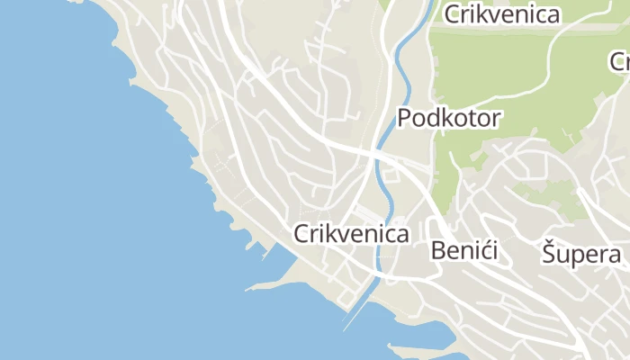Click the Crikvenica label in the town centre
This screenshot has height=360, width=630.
click(x=351, y=234)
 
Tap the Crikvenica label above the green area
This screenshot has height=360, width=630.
click(x=501, y=14)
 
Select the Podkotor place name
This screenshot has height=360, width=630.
click(x=449, y=118)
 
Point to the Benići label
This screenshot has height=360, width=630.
click(x=464, y=250)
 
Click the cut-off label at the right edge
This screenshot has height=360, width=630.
click(x=619, y=62)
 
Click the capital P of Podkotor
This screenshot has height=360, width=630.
click(x=405, y=118)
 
